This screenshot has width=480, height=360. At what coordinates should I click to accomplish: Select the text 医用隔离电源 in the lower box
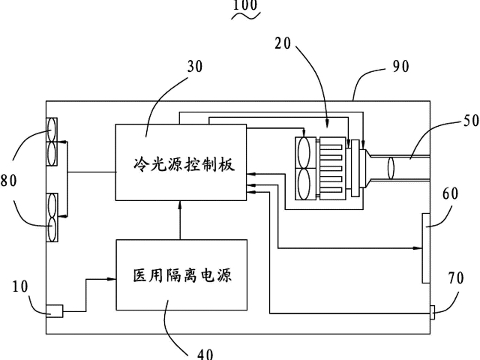[x=181, y=275]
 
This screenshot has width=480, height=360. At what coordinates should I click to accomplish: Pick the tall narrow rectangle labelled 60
[x=426, y=248]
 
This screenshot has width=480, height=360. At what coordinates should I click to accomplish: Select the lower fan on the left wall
[x=53, y=217]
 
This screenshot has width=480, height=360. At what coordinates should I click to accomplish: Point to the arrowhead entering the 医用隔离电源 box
[x=112, y=279]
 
